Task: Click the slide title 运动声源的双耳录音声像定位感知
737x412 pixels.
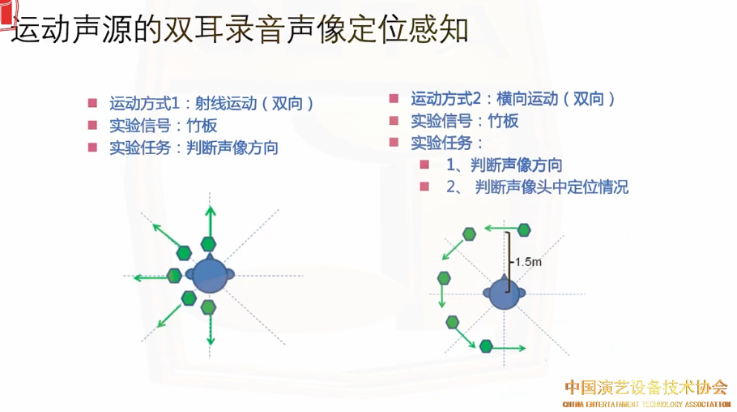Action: pyautogui.click(x=241, y=31)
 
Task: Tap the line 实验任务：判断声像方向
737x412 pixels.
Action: pyautogui.click(x=194, y=148)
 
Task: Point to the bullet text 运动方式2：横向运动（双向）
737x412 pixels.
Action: pyautogui.click(x=513, y=99)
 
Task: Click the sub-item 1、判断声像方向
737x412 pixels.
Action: pyautogui.click(x=504, y=165)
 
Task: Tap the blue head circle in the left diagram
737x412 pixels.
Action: pyautogui.click(x=210, y=276)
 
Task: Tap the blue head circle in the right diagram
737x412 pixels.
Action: pyautogui.click(x=504, y=294)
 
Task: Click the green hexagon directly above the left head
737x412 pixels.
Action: pyautogui.click(x=208, y=243)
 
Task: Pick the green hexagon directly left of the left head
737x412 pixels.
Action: pyautogui.click(x=175, y=276)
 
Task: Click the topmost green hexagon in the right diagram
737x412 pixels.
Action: pyautogui.click(x=525, y=230)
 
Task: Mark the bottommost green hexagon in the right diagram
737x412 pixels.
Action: pyautogui.click(x=486, y=346)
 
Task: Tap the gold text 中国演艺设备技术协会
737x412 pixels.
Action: pyautogui.click(x=645, y=387)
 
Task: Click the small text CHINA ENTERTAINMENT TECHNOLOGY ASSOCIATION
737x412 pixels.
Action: pyautogui.click(x=646, y=403)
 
